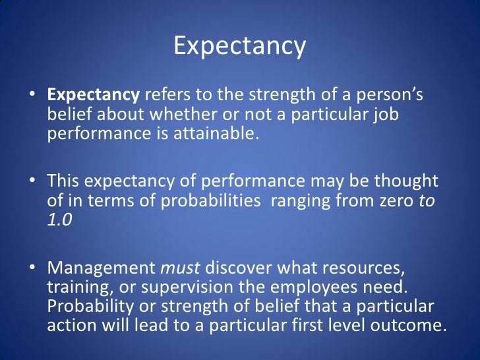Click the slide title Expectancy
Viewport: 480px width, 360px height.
coord(240,47)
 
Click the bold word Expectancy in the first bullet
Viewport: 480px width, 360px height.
coord(94,96)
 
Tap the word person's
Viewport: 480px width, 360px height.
coord(389,96)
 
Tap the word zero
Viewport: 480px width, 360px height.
coord(393,200)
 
